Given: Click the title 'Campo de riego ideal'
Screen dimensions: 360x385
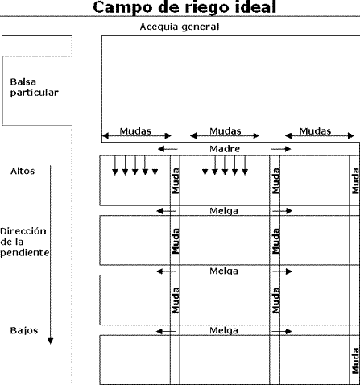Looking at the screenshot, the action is (x=184, y=7).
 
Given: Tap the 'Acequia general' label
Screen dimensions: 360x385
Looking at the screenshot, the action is (x=180, y=27).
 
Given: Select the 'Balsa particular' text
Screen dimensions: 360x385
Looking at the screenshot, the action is (x=34, y=87).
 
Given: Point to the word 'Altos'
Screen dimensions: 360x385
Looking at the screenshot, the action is (x=23, y=171).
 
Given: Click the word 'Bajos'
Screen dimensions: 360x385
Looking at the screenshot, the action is (x=24, y=330).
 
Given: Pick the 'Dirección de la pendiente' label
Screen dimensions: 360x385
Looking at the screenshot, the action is (x=25, y=242).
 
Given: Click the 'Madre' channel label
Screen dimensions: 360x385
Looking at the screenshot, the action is (x=225, y=149).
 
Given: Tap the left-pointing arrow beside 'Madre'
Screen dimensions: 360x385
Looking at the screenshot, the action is (x=168, y=149).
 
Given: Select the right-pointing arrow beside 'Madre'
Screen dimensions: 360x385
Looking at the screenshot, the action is (x=281, y=149).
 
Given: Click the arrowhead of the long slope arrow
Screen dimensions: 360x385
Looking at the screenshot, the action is (x=50, y=342).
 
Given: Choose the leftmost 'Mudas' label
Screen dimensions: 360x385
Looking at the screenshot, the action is (x=135, y=131).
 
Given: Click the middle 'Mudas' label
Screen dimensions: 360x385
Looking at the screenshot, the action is (x=226, y=131).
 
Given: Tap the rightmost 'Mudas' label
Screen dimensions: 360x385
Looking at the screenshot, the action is (x=315, y=131).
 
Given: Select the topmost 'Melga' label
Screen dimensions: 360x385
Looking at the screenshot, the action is (x=224, y=211).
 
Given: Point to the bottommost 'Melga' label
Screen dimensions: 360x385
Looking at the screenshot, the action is (x=224, y=330).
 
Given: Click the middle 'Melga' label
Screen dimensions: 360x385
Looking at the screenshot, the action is (x=224, y=271).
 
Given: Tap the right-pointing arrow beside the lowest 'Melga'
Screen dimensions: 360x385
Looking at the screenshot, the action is (x=282, y=332).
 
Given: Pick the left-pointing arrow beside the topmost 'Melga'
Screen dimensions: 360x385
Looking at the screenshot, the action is (x=167, y=211).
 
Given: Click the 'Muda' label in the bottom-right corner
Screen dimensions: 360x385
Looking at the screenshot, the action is (x=355, y=361).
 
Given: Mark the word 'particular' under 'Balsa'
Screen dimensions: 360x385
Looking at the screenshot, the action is (x=34, y=93).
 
